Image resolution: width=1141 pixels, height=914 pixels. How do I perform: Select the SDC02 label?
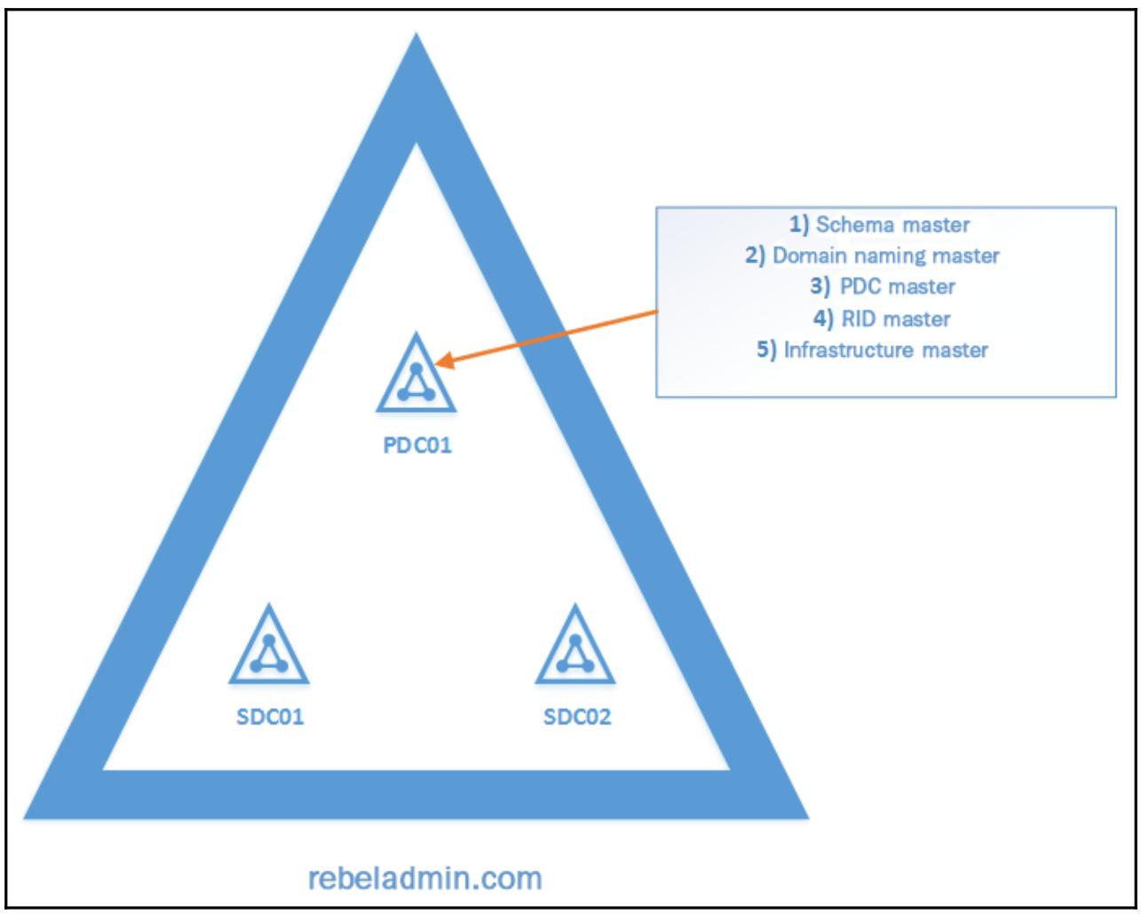click(577, 716)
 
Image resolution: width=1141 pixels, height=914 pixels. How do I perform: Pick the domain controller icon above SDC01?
click(268, 647)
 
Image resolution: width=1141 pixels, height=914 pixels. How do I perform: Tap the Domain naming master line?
click(886, 256)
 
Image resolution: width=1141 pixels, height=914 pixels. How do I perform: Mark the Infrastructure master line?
click(885, 350)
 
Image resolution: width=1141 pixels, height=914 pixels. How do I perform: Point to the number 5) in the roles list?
click(767, 350)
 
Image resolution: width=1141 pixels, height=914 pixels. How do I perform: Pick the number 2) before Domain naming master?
click(756, 256)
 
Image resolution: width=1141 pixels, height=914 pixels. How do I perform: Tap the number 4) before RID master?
click(828, 319)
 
